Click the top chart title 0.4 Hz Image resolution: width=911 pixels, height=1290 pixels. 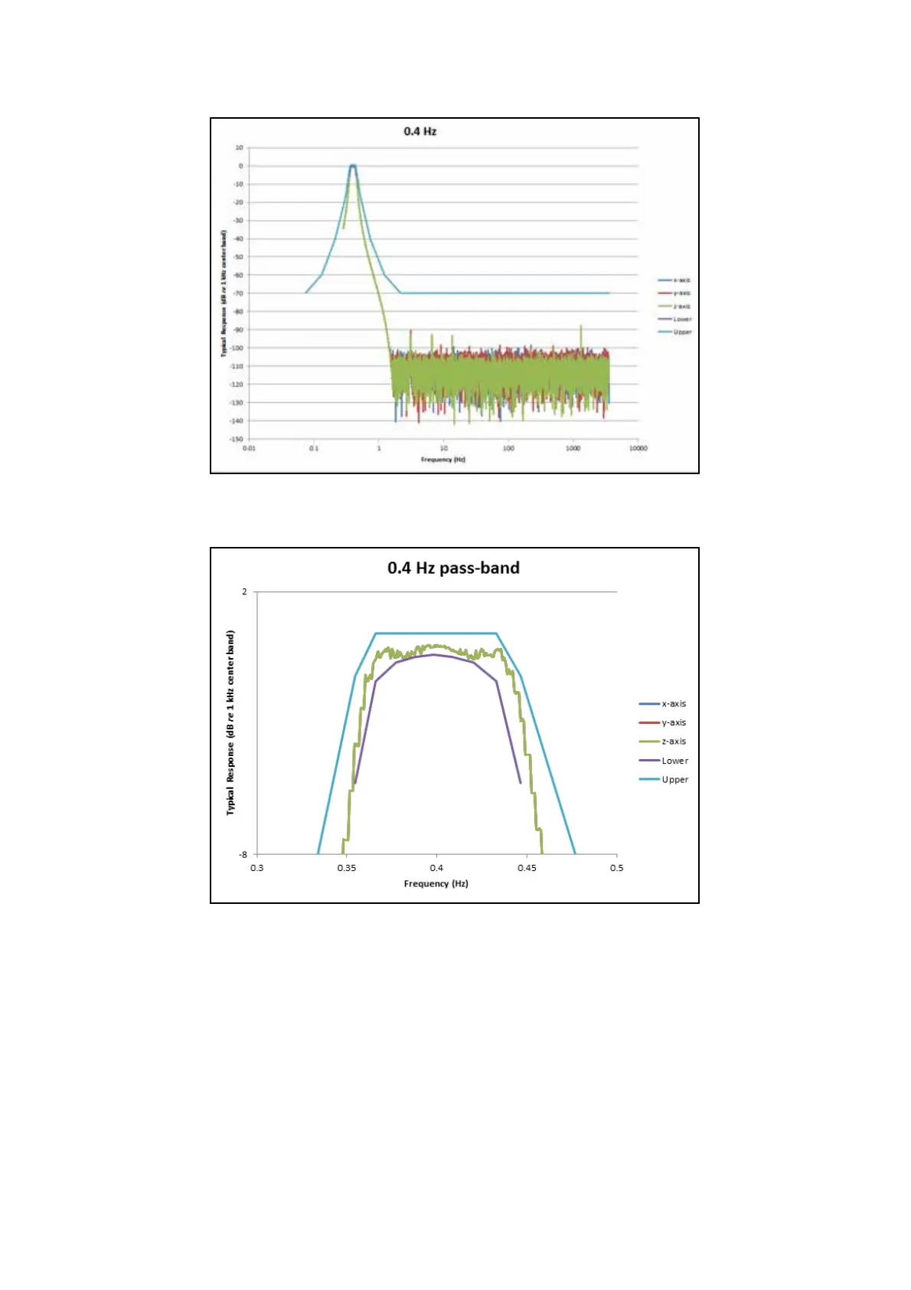point(420,131)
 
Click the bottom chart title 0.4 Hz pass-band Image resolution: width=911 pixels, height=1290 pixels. point(453,568)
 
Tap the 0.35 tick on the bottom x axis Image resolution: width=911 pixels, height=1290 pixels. point(347,868)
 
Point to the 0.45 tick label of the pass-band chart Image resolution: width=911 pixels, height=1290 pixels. point(527,868)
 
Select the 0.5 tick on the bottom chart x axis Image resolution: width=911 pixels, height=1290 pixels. point(616,868)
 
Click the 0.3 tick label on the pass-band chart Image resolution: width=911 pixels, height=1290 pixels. point(256,868)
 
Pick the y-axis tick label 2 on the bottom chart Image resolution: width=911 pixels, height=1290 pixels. point(245,591)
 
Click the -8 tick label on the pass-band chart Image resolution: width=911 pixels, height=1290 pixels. point(243,854)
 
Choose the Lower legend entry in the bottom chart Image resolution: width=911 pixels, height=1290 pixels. point(674,761)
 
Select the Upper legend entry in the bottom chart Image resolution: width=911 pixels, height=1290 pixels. point(674,780)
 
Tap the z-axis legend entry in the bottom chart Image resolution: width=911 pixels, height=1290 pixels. point(674,742)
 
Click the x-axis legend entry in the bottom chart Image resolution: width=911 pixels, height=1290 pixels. point(674,703)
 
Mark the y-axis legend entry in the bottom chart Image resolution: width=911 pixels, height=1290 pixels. point(674,722)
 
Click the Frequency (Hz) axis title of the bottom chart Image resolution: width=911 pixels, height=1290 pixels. point(436,883)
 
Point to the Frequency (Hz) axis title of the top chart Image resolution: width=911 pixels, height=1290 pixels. point(442,460)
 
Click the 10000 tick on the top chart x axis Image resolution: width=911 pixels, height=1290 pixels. point(638,448)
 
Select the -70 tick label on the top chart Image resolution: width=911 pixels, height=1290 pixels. point(238,293)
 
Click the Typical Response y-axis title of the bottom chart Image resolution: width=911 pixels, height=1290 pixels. point(230,722)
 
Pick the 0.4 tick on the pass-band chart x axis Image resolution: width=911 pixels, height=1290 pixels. point(436,868)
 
